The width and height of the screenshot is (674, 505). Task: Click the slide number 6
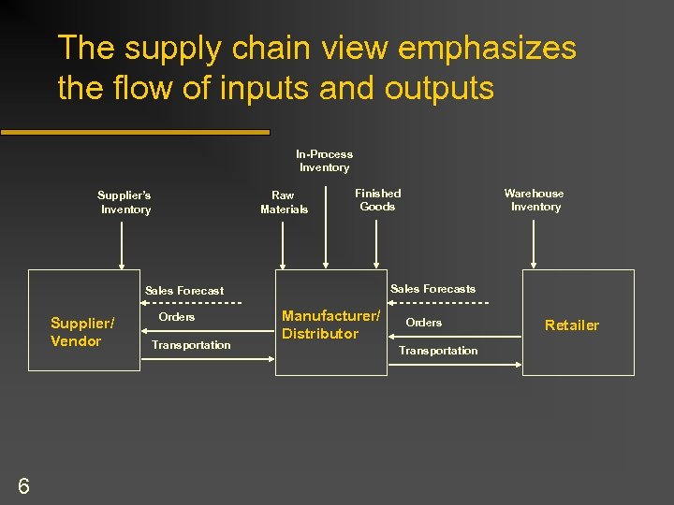[23, 484]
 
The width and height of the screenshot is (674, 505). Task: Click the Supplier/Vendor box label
[82, 332]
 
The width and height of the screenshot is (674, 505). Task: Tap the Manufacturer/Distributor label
[330, 325]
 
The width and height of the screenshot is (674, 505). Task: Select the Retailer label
[571, 325]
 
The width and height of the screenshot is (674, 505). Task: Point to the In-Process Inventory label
[324, 161]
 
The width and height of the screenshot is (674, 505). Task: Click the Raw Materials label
[284, 202]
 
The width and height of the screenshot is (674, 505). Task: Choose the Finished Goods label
[377, 199]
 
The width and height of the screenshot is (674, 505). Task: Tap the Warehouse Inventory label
[535, 200]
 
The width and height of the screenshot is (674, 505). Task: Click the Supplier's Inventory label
[125, 202]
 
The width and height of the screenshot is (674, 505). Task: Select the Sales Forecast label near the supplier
[183, 291]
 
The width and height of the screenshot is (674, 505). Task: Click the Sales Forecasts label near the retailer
[432, 289]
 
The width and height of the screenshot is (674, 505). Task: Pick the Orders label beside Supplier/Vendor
[177, 317]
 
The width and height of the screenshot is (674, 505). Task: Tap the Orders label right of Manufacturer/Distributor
[423, 323]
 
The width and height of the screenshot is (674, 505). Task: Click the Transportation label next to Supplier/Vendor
[191, 345]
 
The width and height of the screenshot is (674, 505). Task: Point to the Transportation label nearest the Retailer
[438, 351]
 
